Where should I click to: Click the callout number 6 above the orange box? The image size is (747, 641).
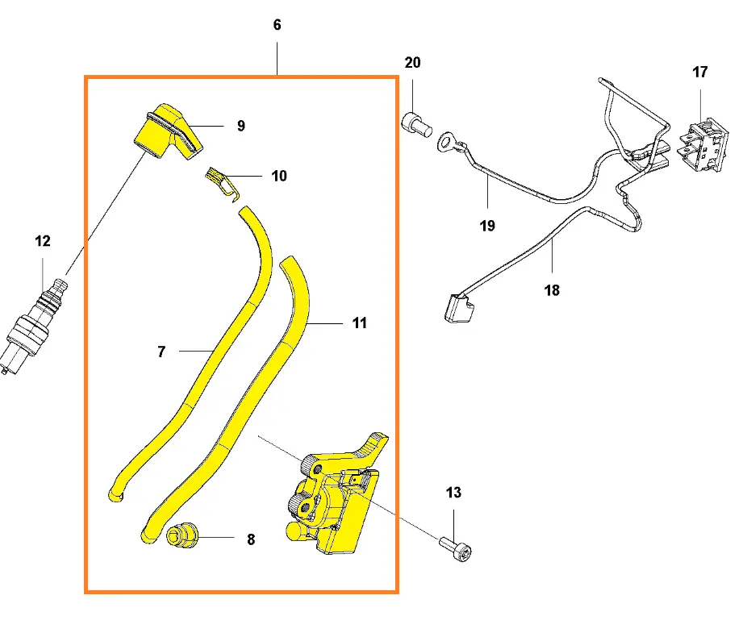(278, 25)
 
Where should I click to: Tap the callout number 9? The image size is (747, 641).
(241, 126)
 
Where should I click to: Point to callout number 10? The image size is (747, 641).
(278, 176)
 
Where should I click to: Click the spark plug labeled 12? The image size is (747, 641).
(35, 322)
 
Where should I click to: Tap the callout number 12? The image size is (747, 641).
(42, 241)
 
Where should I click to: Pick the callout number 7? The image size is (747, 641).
(161, 352)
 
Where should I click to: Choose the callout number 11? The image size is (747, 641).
(360, 323)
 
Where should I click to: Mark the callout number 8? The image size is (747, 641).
(251, 540)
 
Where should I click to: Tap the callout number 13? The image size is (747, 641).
(453, 493)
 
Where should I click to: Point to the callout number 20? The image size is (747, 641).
(412, 63)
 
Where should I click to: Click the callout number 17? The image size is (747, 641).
(699, 73)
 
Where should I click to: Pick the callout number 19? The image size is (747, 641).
(487, 226)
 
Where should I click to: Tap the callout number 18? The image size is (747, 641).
(552, 290)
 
